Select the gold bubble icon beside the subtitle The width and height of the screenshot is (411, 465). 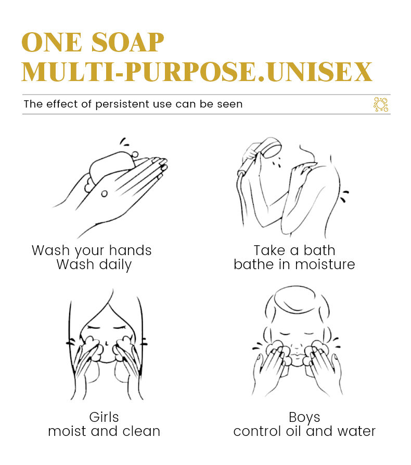pos(381,104)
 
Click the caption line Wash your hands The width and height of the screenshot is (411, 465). pos(92,250)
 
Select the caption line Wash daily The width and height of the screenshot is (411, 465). pos(94,264)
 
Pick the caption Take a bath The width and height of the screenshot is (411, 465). pos(294,250)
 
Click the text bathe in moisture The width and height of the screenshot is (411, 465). pos(294,264)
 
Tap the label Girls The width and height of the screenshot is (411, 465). pos(104,417)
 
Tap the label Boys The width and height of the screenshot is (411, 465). pos(304,417)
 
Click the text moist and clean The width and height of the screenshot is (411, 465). pos(104,431)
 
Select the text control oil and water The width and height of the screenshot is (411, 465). pos(304,431)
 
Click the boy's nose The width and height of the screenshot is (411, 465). pos(296,345)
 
